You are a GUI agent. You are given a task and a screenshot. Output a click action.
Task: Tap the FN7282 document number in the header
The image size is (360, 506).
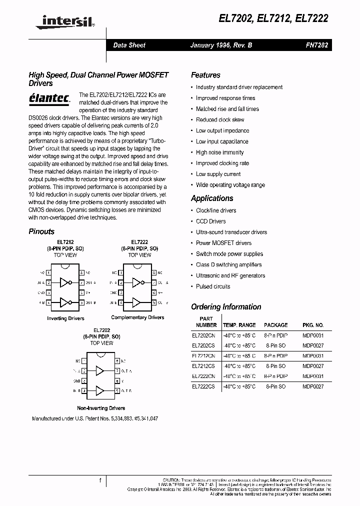[316, 45]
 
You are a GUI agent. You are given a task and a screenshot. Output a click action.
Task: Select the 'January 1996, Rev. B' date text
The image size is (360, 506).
[221, 45]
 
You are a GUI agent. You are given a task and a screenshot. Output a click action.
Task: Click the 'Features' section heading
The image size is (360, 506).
[205, 75]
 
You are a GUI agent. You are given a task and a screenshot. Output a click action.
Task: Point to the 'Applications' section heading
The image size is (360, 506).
[212, 198]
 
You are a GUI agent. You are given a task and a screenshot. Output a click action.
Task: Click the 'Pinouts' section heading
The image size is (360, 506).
[41, 231]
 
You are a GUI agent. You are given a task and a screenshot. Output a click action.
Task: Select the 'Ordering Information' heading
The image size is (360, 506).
[226, 307]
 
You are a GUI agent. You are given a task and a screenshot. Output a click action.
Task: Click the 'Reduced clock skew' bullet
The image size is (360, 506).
[220, 120]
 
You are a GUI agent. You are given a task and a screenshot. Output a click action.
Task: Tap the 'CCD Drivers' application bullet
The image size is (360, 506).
[210, 221]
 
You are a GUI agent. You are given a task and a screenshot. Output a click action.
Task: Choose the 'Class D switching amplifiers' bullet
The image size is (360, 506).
[229, 265]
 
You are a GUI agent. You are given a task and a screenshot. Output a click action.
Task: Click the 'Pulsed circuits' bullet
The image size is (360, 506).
[213, 286]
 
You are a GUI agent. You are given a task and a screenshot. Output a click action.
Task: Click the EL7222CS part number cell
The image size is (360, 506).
[203, 386]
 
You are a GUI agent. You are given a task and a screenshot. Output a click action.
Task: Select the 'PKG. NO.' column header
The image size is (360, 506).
[313, 325]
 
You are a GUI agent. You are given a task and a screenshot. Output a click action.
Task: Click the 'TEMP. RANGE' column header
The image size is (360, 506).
[239, 325]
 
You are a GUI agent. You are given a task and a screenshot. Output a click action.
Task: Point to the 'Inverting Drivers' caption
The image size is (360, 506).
[65, 318]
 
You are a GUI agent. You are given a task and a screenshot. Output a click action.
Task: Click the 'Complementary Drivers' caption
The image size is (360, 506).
[137, 317]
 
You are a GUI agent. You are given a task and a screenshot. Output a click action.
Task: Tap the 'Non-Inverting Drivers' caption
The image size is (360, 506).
[101, 408]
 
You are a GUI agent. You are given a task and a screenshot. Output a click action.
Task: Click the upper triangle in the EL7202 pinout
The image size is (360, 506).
[100, 371]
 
